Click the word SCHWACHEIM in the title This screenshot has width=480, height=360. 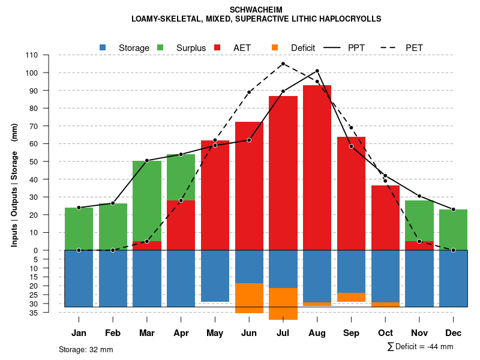tap(256, 10)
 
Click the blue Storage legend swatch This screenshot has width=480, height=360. tap(103, 47)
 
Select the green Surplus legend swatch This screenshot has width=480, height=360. tap(160, 47)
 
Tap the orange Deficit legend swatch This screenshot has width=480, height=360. tap(275, 47)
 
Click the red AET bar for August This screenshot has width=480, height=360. tap(317, 168)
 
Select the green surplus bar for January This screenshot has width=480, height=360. tap(79, 229)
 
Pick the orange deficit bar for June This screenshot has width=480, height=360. tap(249, 298)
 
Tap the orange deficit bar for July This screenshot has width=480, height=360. tap(283, 304)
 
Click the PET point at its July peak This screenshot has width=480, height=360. tap(283, 64)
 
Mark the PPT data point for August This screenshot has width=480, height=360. tap(317, 71)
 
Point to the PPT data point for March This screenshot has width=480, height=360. tap(147, 160)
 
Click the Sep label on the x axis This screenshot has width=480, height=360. tap(351, 333)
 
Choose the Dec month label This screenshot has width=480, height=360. tap(453, 333)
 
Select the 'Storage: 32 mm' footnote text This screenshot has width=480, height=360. tap(86, 349)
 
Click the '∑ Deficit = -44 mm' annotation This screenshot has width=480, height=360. tap(420, 346)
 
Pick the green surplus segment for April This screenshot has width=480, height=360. tap(181, 177)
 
